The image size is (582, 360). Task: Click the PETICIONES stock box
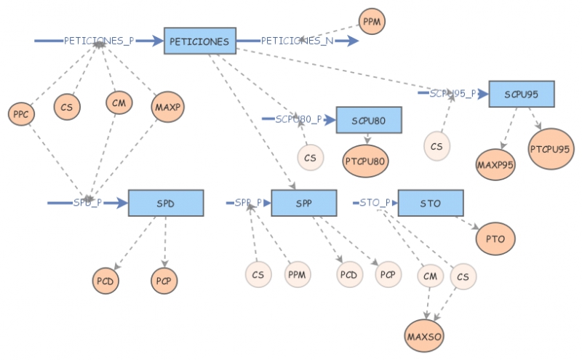199,41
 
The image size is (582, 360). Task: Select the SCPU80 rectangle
369,120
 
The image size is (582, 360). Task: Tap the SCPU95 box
521,94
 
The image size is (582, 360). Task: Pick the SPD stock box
164,203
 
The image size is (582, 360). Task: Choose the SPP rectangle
303,203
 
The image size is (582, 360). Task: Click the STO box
430,203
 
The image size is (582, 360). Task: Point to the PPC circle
20,113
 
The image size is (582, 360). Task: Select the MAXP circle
167,107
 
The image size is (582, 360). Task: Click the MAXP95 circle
495,164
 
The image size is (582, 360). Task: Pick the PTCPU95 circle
551,148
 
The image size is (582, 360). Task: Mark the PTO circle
495,238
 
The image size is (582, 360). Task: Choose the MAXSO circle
424,335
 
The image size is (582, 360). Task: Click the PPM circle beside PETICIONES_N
372,22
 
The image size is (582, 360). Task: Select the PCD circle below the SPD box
106,280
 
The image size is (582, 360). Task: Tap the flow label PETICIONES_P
99,41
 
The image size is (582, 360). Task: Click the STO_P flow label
375,202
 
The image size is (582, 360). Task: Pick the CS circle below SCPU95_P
436,146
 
